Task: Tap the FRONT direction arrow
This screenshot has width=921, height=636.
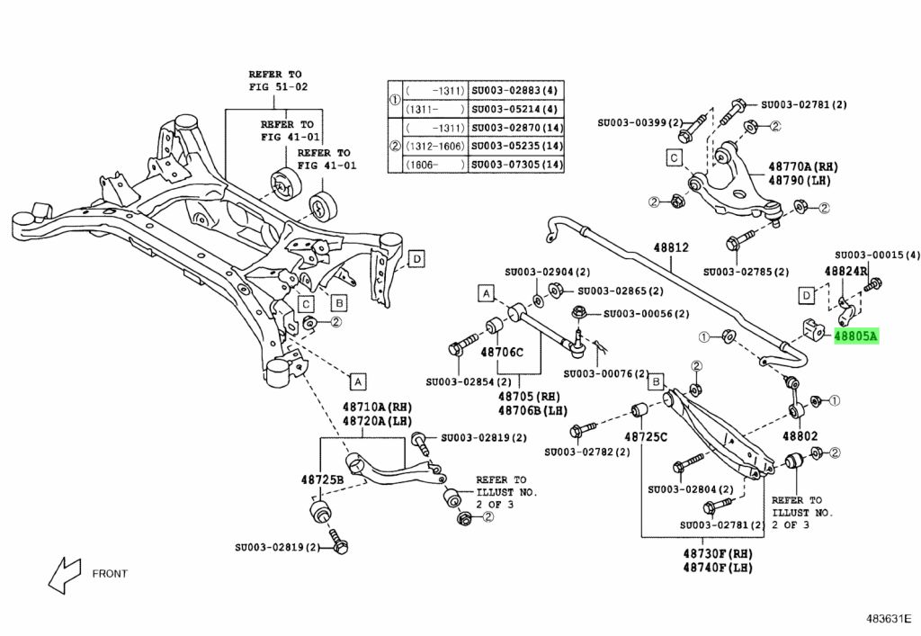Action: (x=66, y=573)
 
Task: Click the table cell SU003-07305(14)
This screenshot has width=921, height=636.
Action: (x=517, y=165)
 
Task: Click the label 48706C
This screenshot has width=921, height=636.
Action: (x=501, y=352)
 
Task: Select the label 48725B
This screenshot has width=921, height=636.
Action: (x=323, y=481)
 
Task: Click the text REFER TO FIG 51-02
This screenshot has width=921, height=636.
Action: (x=278, y=80)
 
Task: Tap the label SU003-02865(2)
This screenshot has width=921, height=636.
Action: (x=620, y=291)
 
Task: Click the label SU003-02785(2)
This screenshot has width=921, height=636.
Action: (x=746, y=271)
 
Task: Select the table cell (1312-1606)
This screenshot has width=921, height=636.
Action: (x=435, y=146)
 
